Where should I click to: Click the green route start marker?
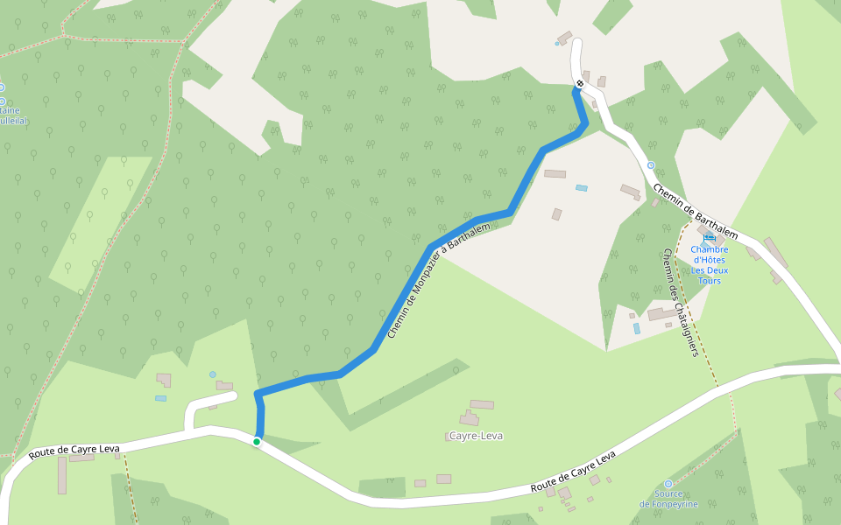click(257, 442)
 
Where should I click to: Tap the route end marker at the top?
click(580, 83)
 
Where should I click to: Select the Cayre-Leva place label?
click(476, 436)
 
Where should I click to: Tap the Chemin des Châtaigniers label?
click(680, 302)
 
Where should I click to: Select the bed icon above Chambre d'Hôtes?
click(710, 237)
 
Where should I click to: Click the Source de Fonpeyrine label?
click(668, 499)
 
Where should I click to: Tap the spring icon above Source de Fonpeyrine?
click(668, 483)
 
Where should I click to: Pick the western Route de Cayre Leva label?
click(74, 451)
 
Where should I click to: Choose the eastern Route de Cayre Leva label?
click(574, 472)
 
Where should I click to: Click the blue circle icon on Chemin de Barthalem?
click(650, 164)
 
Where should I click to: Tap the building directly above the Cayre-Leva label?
click(482, 404)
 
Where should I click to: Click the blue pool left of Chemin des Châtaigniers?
click(637, 328)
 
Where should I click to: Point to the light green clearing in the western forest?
click(101, 223)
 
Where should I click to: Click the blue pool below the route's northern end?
click(582, 187)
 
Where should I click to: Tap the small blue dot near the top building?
click(556, 43)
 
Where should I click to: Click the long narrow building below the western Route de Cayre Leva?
click(62, 475)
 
